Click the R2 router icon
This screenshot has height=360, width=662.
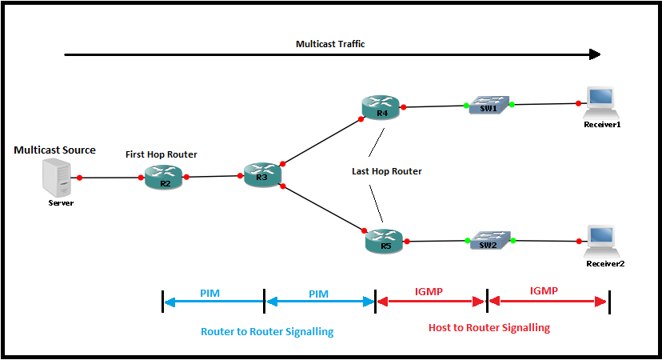[x=164, y=177]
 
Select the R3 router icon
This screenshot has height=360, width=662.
[x=263, y=175]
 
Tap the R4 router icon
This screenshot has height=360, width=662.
[x=381, y=107]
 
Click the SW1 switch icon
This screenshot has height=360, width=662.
[x=489, y=106]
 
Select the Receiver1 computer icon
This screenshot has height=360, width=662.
[x=599, y=99]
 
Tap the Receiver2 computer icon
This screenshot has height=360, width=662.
[x=599, y=238]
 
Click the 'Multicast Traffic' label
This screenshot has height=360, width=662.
[x=330, y=44]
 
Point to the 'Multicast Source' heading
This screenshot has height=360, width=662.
[x=54, y=150]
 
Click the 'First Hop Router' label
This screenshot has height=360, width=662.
[x=161, y=154]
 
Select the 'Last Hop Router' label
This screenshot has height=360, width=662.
[x=386, y=171]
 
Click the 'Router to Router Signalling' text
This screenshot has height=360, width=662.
[x=267, y=330]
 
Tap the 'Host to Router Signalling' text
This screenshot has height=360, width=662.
[x=489, y=328]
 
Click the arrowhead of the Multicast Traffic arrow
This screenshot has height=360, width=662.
[x=594, y=54]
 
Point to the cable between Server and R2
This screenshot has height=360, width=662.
[x=110, y=178]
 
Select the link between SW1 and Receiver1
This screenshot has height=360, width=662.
[x=544, y=104]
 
